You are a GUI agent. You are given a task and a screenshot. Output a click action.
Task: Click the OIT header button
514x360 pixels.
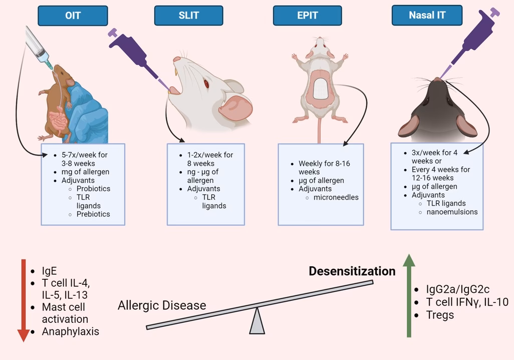pyautogui.click(x=73, y=16)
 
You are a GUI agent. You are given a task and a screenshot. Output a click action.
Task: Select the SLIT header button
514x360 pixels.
pyautogui.click(x=188, y=16)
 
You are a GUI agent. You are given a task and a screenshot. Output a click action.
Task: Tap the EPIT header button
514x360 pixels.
pyautogui.click(x=307, y=16)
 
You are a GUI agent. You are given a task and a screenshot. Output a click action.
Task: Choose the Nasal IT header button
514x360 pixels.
pyautogui.click(x=427, y=16)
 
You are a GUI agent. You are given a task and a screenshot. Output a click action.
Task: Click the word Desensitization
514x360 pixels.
pyautogui.click(x=352, y=271)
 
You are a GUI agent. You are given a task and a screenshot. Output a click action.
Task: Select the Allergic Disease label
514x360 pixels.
pyautogui.click(x=162, y=305)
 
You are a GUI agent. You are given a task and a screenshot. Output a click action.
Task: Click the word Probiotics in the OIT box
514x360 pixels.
pyautogui.click(x=93, y=189)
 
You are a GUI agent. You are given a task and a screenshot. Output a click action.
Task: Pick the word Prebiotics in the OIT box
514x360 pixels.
pyautogui.click(x=93, y=214)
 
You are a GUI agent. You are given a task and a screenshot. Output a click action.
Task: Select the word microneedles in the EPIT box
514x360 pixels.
pyautogui.click(x=336, y=198)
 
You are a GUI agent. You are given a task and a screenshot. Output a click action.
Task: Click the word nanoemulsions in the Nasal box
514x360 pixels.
pyautogui.click(x=452, y=212)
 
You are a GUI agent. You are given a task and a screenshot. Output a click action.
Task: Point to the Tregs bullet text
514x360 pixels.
pyautogui.click(x=440, y=315)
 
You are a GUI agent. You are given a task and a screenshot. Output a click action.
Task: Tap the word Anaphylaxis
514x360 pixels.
pyautogui.click(x=71, y=331)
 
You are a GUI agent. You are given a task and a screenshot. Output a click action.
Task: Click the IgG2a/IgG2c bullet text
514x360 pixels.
pyautogui.click(x=457, y=289)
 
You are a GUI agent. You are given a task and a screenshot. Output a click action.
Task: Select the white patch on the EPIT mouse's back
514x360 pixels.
pyautogui.click(x=320, y=89)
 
